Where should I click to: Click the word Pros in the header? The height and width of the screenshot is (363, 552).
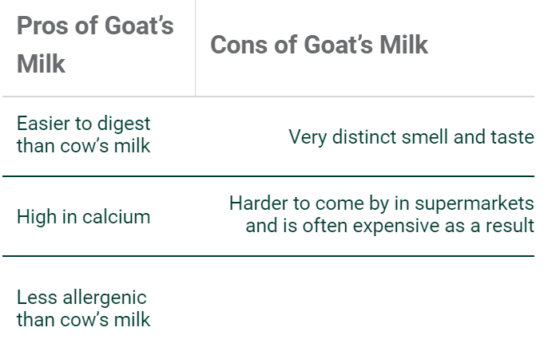click(x=42, y=26)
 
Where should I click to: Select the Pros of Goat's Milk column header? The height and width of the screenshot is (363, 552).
click(x=95, y=45)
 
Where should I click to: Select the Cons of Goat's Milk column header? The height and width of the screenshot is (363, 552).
click(x=319, y=45)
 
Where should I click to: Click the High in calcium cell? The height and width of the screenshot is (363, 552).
click(x=83, y=216)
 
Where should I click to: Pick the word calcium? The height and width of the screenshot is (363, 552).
click(x=116, y=216)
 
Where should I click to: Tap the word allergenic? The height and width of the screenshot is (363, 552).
click(x=105, y=298)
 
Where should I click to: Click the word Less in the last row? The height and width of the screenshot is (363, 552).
click(x=37, y=298)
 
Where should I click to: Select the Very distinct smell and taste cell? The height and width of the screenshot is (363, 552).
click(x=411, y=137)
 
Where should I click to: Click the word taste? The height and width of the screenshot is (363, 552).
click(x=512, y=137)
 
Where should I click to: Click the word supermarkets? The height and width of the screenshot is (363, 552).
click(x=475, y=204)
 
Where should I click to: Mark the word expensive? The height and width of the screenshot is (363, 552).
click(x=396, y=226)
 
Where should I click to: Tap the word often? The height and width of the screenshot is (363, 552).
click(x=325, y=226)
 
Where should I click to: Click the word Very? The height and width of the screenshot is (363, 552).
click(x=308, y=137)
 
